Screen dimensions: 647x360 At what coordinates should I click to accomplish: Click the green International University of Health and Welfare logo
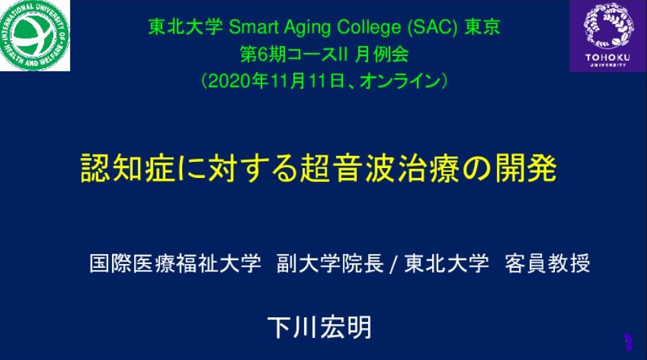(x=35, y=35)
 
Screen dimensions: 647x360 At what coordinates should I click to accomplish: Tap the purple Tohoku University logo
(x=608, y=36)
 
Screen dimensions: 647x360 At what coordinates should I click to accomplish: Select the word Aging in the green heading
(x=307, y=28)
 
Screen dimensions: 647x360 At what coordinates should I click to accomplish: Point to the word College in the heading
(x=369, y=28)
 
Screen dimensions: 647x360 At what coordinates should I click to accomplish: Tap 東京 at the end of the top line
(x=482, y=27)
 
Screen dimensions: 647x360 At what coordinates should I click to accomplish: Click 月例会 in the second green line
(x=382, y=55)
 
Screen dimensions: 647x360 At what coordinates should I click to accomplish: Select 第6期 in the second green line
(x=263, y=55)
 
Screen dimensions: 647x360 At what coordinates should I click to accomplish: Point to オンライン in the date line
(x=400, y=81)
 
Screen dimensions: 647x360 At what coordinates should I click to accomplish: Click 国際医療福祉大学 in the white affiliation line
(x=175, y=263)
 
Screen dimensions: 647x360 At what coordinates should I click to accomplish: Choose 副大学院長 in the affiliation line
(x=330, y=263)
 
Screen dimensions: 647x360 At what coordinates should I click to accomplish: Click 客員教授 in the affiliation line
(x=548, y=263)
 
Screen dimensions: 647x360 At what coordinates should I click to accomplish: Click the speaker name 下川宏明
(x=319, y=328)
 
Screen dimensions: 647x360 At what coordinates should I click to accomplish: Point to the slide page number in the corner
(x=628, y=342)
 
